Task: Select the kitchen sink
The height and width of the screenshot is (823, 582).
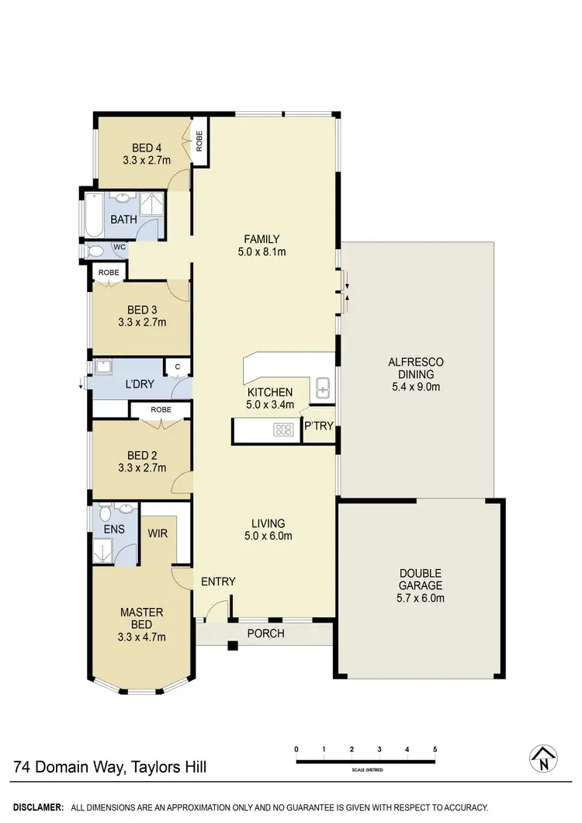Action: (x=324, y=387)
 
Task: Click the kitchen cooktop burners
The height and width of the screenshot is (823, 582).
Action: (x=282, y=429)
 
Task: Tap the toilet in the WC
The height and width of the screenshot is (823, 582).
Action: (x=97, y=251)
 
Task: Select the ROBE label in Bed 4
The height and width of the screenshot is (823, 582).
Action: (x=199, y=141)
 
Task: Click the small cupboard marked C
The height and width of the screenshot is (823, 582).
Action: (x=178, y=366)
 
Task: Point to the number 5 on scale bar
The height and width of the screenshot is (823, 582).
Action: (x=435, y=748)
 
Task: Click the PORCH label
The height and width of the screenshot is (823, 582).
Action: (x=265, y=634)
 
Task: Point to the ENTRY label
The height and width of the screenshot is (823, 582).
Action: (x=218, y=582)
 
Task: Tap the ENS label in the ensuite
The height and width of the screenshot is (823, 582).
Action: (x=103, y=531)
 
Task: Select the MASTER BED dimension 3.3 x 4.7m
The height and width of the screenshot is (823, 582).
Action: (x=142, y=637)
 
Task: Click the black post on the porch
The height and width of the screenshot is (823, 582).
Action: (x=231, y=644)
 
